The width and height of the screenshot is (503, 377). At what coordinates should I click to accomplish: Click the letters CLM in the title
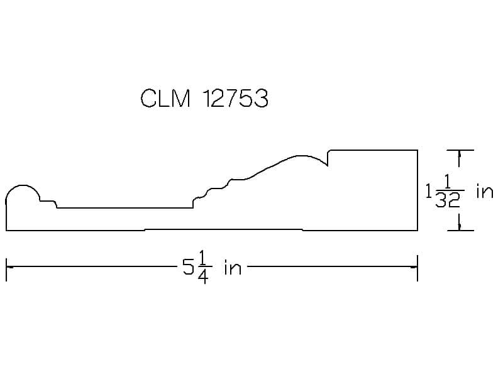[x=165, y=98]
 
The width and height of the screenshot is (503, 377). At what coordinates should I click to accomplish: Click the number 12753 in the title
[x=236, y=98]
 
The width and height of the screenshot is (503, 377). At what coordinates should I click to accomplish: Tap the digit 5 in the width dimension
[x=188, y=267]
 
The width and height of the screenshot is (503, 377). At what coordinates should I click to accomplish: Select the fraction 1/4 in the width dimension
[x=202, y=267]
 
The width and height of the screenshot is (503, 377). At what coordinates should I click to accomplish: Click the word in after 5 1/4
[x=233, y=268]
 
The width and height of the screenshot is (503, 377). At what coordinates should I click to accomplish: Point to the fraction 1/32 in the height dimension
[x=449, y=192]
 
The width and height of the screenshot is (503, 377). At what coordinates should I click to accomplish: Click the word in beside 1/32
[x=485, y=192]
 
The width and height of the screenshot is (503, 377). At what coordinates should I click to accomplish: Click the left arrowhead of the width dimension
[x=9, y=266]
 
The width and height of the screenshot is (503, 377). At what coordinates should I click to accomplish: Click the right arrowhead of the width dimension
[x=414, y=266]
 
